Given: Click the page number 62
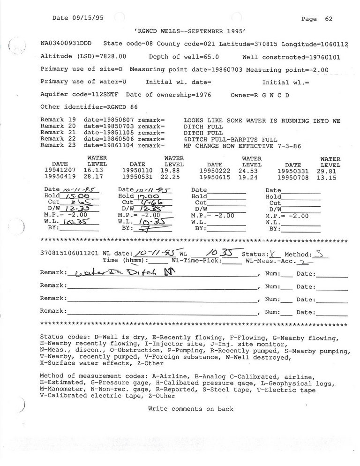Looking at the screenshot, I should coord(329,19).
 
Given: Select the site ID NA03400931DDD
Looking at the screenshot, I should coord(66,44).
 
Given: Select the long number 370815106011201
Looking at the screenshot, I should coord(70,254).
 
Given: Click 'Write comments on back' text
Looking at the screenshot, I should coord(190,409).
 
